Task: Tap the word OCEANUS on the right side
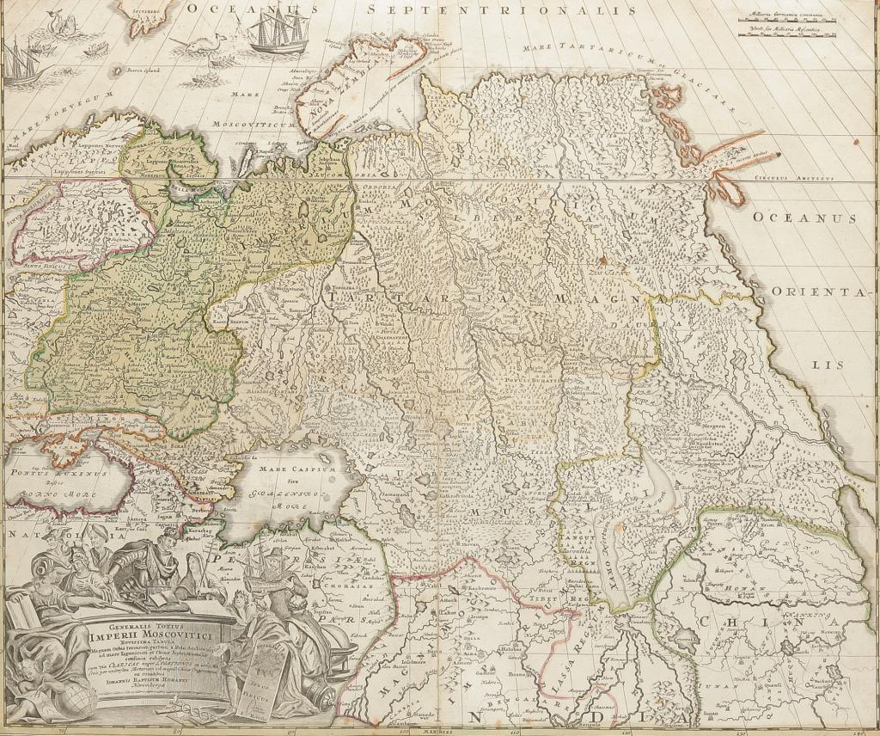(804, 218)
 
